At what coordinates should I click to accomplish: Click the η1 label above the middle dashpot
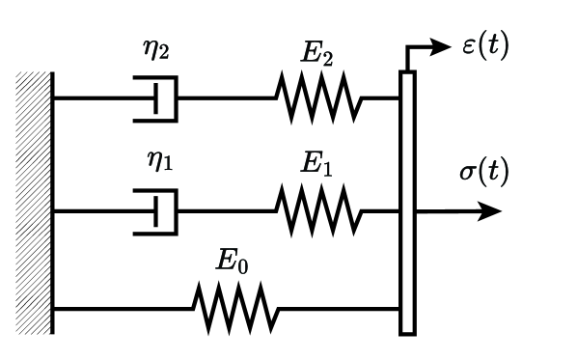(159, 160)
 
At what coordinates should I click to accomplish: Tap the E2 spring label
(316, 55)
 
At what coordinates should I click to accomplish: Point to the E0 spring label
(232, 263)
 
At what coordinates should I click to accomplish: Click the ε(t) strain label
(485, 45)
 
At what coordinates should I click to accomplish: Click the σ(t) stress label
(483, 174)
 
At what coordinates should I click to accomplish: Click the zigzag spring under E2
(318, 98)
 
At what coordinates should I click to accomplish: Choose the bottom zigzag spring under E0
(235, 309)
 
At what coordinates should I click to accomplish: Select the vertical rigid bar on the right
(407, 203)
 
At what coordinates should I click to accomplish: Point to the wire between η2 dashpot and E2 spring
(226, 98)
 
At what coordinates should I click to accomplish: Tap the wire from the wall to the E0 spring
(122, 309)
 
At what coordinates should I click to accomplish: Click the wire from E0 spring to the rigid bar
(338, 309)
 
